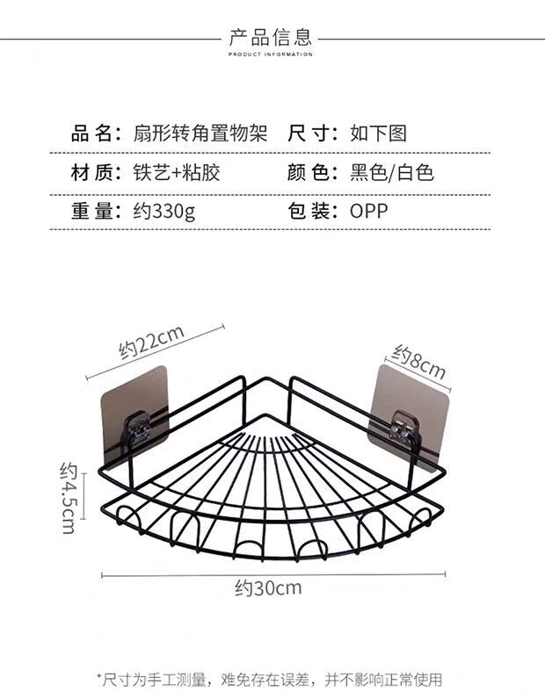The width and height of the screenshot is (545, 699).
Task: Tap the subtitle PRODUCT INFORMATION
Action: (x=271, y=54)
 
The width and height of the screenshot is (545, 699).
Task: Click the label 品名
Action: (x=95, y=133)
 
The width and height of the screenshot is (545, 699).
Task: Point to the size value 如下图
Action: (x=379, y=133)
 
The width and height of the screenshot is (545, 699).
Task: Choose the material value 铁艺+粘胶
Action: (x=176, y=172)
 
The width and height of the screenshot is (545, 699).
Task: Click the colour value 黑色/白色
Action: (x=392, y=172)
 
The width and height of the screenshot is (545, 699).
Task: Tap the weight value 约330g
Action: (x=165, y=211)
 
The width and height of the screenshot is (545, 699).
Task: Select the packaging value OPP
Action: (x=368, y=211)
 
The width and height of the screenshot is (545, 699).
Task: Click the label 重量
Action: (x=95, y=211)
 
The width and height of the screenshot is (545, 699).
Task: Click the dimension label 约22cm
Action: (x=151, y=342)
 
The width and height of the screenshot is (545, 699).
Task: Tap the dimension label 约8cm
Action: (x=418, y=361)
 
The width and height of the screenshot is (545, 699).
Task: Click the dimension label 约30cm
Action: (x=268, y=587)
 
